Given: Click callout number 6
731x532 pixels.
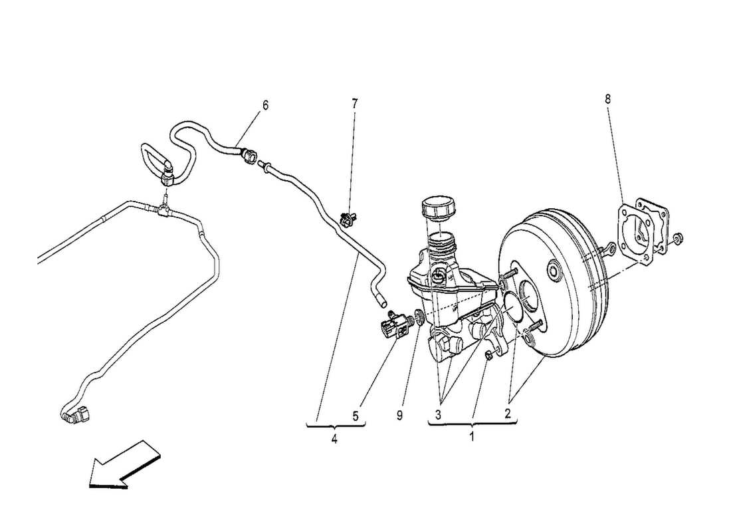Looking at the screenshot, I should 265,105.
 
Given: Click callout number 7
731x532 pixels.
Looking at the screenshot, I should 354,103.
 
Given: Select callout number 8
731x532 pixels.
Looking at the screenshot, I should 607,98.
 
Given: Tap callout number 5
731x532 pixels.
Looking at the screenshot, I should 356,416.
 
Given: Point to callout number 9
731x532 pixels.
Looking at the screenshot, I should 400,416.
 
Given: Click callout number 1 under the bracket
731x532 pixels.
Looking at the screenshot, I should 472,438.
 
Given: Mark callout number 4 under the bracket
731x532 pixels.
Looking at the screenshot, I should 334,440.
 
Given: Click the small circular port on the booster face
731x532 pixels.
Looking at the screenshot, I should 552,271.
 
